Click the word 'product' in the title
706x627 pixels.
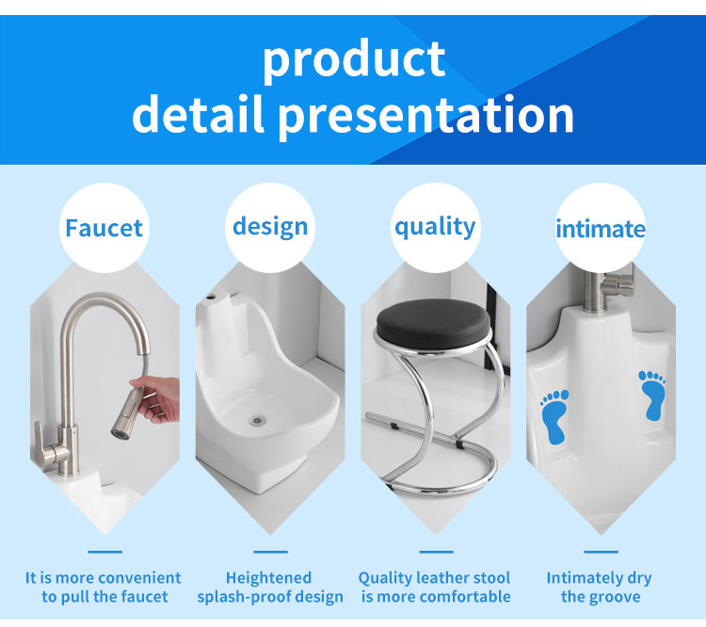click(353, 58)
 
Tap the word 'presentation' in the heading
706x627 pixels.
click(425, 115)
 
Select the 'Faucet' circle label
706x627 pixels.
click(104, 228)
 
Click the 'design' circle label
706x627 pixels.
click(270, 227)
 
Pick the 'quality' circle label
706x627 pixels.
click(434, 227)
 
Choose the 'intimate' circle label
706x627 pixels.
click(600, 229)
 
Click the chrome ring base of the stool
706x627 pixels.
click(438, 475)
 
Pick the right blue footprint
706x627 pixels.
click(651, 394)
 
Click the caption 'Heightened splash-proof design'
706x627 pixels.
click(270, 587)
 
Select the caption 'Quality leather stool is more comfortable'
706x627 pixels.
click(434, 587)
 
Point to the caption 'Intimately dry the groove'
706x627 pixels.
click(599, 587)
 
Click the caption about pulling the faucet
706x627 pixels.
click(104, 587)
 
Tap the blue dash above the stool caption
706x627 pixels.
click(436, 552)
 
